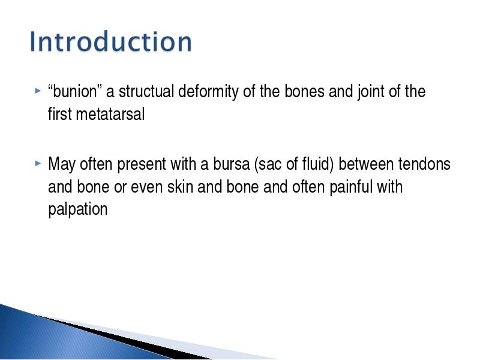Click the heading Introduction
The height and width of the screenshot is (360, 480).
pyautogui.click(x=111, y=41)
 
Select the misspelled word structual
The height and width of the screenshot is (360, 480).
pyautogui.click(x=146, y=92)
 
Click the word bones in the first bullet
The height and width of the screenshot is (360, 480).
pyautogui.click(x=304, y=92)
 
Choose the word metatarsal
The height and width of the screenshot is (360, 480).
pyautogui.click(x=110, y=114)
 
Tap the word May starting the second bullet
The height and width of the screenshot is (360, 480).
pyautogui.click(x=62, y=164)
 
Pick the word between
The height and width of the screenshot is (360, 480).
pyautogui.click(x=367, y=164)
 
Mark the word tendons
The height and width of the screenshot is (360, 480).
pyautogui.click(x=424, y=164)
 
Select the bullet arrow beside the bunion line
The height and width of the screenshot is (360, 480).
pyautogui.click(x=38, y=91)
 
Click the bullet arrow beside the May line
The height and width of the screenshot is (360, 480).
pyautogui.click(x=38, y=163)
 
